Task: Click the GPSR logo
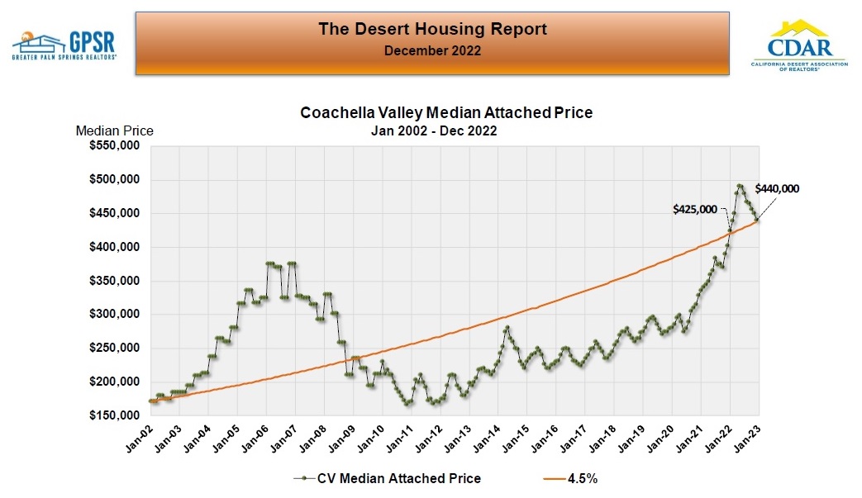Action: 64,45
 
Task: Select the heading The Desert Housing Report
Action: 432,30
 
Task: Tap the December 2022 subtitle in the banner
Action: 432,51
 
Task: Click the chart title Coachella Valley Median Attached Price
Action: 445,113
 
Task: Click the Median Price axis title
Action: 114,130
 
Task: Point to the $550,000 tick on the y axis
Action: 114,146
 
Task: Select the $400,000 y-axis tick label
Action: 114,247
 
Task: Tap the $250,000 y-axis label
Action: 114,349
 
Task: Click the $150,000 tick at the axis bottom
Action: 114,415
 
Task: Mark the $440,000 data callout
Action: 777,188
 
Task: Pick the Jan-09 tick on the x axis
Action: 341,439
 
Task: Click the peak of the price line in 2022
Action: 740,186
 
